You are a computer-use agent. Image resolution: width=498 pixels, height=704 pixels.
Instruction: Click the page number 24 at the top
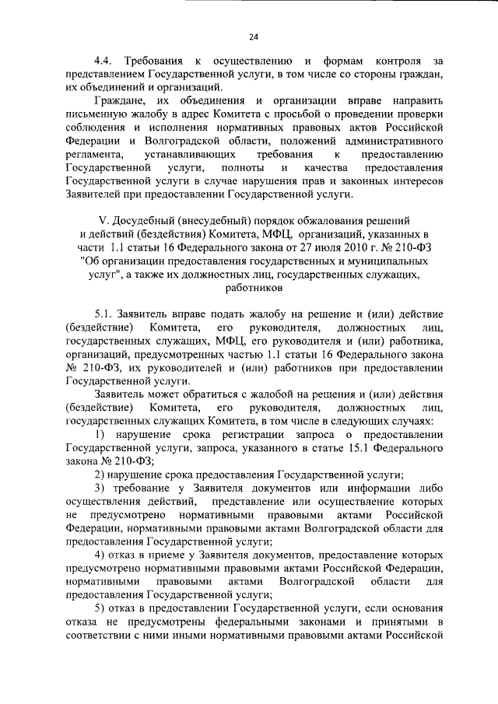coord(254,34)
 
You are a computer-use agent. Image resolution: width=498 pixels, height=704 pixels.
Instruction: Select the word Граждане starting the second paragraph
coord(117,100)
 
